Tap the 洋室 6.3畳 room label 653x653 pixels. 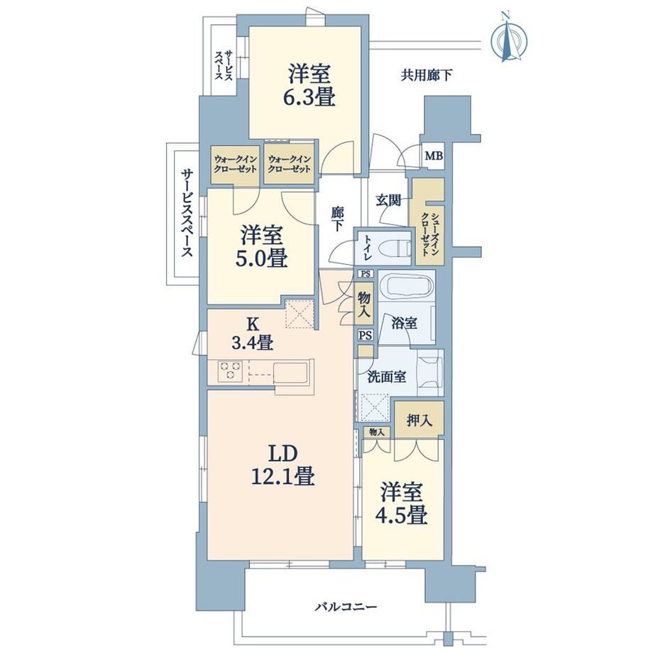coord(312,86)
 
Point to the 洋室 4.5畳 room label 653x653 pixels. coord(402,503)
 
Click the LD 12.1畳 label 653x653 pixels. coord(282,465)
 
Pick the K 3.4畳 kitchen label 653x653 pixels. coord(253,334)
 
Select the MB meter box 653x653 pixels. coord(433,156)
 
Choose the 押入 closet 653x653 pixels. coord(419,419)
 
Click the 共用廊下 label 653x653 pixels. coord(427,75)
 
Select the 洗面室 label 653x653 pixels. coord(387,377)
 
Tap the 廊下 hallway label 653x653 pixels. coord(337,218)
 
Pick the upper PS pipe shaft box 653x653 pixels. coord(366,274)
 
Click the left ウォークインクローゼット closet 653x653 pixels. coord(236,165)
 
